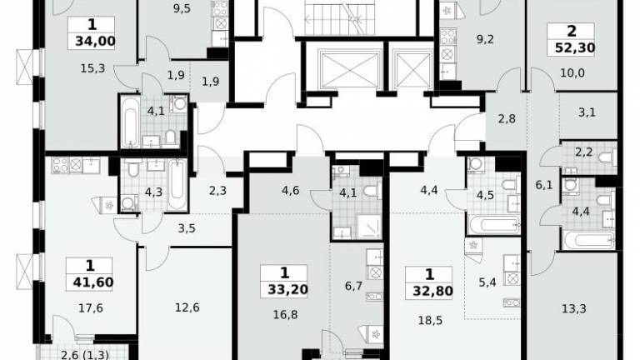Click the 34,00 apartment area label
(x=95, y=41)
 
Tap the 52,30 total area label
(x=575, y=48)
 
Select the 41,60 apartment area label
(x=93, y=282)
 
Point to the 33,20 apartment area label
(x=287, y=289)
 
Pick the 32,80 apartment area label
(x=432, y=291)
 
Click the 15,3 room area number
(x=92, y=68)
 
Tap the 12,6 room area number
(x=187, y=307)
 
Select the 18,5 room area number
(x=430, y=320)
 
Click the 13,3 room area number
(x=574, y=308)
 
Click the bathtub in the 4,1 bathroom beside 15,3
(x=130, y=122)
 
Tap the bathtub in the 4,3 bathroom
(x=177, y=185)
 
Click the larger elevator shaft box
(x=349, y=70)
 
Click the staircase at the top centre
(x=340, y=17)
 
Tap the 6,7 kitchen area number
(x=353, y=286)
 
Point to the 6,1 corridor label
(x=544, y=185)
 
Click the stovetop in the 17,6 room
(x=60, y=165)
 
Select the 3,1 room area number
(x=587, y=112)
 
